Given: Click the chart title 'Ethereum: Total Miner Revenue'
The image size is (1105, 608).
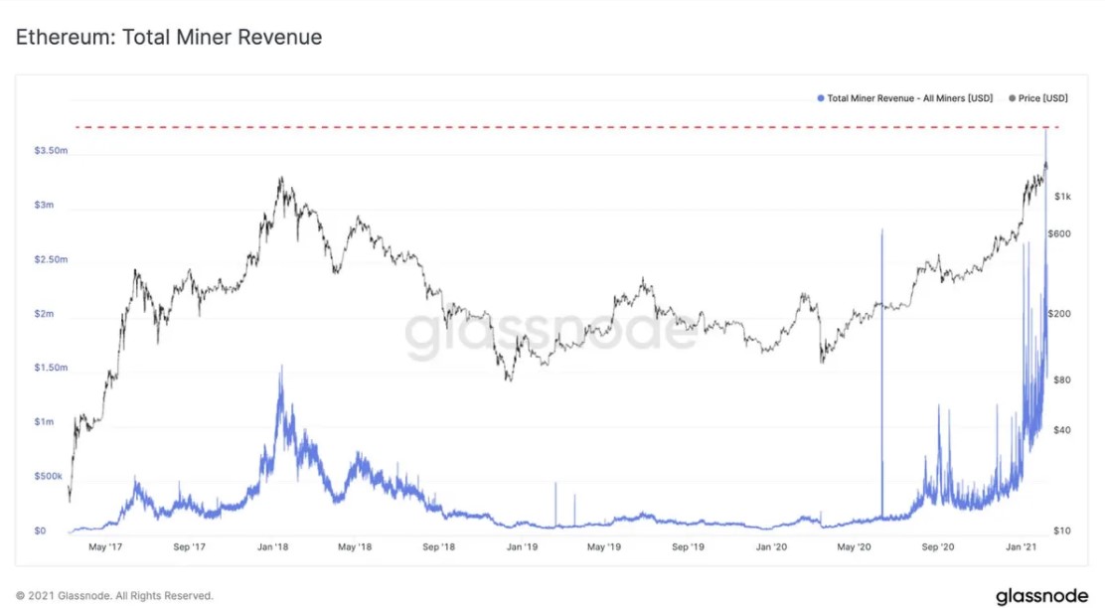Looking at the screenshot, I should click(169, 38).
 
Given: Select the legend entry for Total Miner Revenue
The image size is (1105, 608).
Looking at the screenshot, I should click(908, 98).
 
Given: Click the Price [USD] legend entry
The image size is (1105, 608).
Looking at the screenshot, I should click(1038, 98).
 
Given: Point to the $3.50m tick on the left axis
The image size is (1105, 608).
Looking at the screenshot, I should click(50, 151).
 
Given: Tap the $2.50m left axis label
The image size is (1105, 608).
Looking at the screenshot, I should click(50, 259).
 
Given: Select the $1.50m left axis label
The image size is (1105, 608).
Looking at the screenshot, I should click(50, 368).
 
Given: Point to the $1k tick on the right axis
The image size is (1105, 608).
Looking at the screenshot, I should click(1062, 197).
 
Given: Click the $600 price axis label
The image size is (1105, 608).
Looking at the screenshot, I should click(1061, 233).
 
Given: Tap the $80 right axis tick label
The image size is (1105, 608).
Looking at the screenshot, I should click(1060, 380).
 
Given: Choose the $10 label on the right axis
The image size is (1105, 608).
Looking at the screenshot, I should click(1060, 532).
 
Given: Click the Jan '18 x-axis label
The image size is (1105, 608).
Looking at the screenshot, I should click(272, 547).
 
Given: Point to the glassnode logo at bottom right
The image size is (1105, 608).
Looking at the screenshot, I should click(1042, 595).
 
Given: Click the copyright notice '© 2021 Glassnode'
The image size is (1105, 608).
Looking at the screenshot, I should click(114, 596).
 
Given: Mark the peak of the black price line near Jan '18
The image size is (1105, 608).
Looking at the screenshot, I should click(281, 178).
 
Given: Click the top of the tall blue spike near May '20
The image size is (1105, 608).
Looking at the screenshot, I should click(881, 229).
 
